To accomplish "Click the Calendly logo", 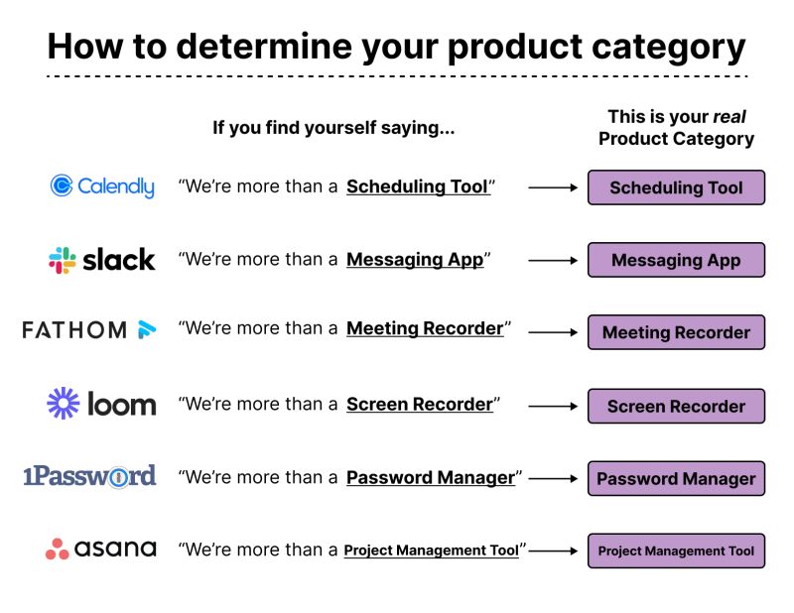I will (x=102, y=186).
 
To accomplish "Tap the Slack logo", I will (x=102, y=260).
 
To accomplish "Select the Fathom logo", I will (x=89, y=330).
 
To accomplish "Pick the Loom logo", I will (x=101, y=404).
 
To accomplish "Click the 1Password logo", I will (x=89, y=477).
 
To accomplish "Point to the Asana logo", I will (x=100, y=549).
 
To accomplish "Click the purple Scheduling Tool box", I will (x=676, y=187).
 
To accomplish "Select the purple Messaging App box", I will (x=676, y=260).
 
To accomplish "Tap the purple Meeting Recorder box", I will (x=676, y=333).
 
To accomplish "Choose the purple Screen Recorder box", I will (x=676, y=406).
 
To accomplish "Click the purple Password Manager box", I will (x=676, y=478).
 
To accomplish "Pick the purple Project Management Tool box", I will (x=676, y=551).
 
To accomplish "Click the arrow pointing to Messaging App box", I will (x=553, y=260).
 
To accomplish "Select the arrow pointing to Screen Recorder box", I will (x=553, y=406).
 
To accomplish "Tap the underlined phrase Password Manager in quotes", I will (x=431, y=478).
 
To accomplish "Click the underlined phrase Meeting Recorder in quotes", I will (x=425, y=328).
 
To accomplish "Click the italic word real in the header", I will (x=729, y=117).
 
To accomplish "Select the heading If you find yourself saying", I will (x=333, y=128).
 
